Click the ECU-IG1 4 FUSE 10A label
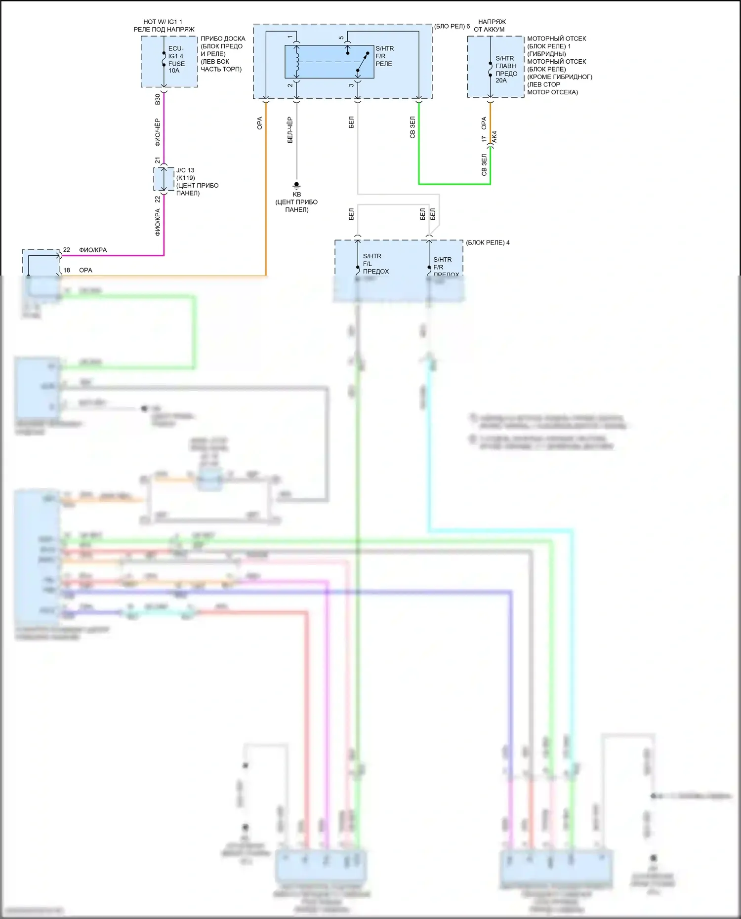point(176,59)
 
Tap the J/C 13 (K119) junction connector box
point(164,179)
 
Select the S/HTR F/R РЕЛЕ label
point(384,56)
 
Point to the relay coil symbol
point(297,62)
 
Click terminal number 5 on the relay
point(341,38)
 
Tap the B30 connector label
point(158,99)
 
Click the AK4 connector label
point(494,137)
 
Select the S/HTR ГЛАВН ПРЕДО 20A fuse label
point(506,69)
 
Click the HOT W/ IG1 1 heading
point(163,22)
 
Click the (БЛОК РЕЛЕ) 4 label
point(488,242)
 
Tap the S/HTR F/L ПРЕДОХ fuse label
point(375,264)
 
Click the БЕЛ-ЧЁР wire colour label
point(290,130)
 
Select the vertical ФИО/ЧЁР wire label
point(158,132)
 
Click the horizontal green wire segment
point(454,184)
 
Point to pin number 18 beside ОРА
point(67,270)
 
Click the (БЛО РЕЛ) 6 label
point(452,26)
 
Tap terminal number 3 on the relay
point(351,85)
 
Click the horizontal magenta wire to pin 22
point(114,255)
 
